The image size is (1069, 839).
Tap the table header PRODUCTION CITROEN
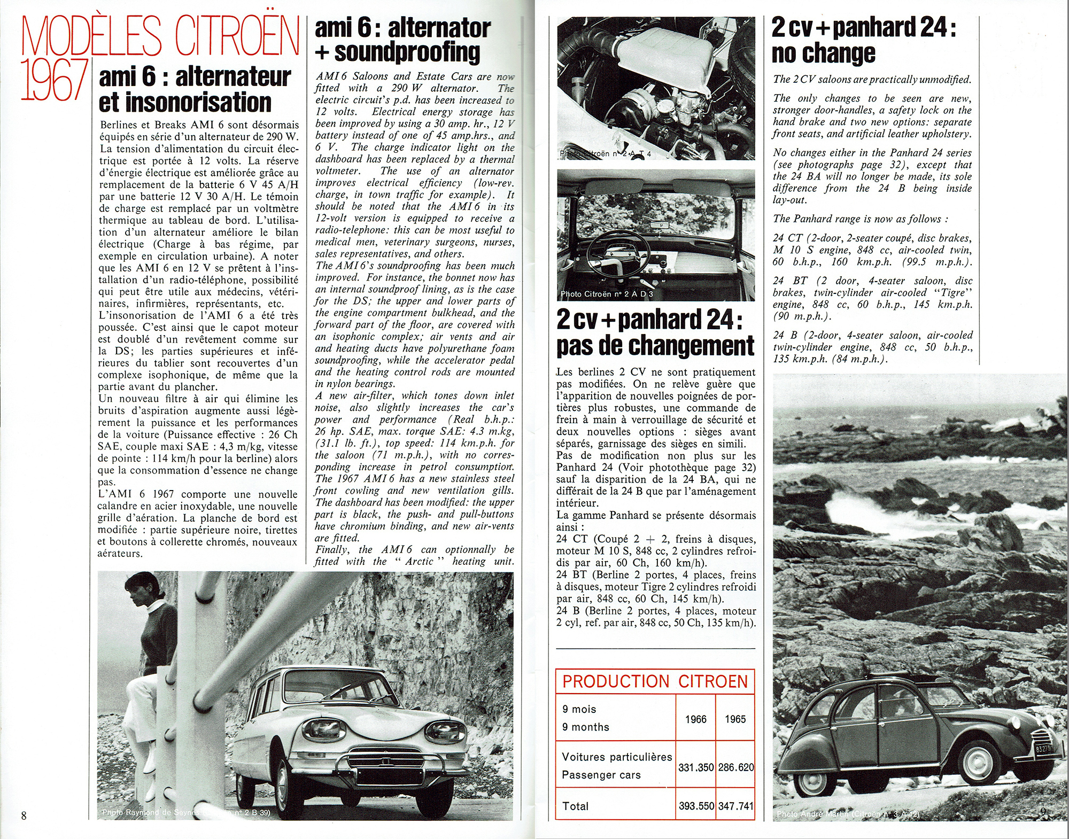click(x=655, y=682)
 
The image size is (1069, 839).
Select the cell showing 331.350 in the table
click(x=695, y=767)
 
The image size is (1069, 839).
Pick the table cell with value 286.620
click(x=735, y=767)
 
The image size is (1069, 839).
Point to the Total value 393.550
click(x=696, y=806)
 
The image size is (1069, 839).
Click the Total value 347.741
click(x=735, y=806)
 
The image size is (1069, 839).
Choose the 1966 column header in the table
click(x=695, y=719)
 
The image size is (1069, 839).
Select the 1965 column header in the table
click(x=735, y=719)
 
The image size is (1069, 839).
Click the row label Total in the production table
click(x=576, y=806)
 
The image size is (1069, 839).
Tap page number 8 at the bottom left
click(x=24, y=815)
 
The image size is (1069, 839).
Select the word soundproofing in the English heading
click(x=407, y=52)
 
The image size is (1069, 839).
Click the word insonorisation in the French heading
click(x=185, y=103)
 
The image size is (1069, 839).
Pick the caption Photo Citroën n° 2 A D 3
click(x=607, y=294)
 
